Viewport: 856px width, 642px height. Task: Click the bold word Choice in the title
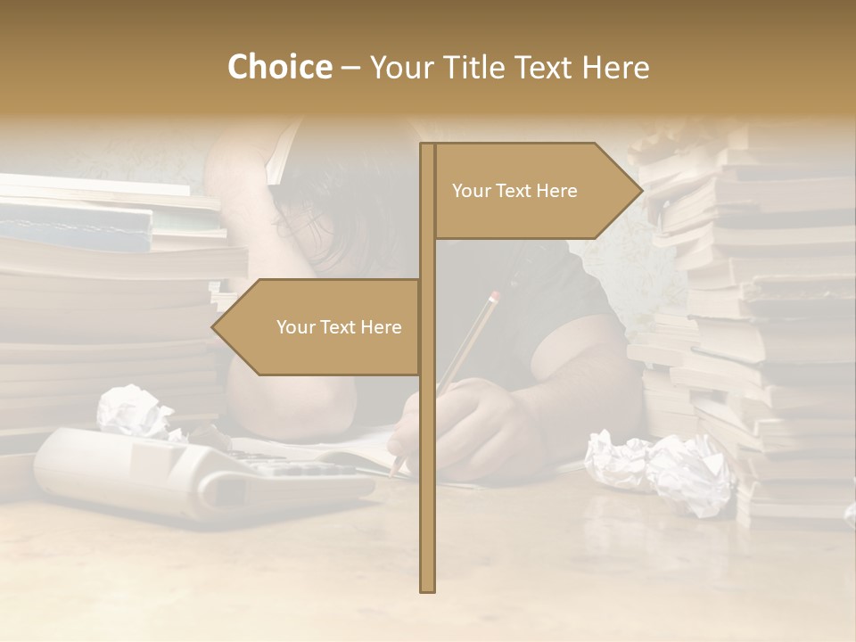tap(279, 67)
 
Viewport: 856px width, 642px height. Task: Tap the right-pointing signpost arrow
tap(535, 191)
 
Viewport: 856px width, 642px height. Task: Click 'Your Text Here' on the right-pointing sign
tap(514, 191)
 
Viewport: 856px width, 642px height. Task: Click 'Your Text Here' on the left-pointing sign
tap(339, 327)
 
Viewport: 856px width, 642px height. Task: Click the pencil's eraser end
tap(495, 295)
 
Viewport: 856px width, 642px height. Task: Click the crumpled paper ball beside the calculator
tap(134, 410)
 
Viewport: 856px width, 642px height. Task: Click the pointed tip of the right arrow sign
tap(640, 191)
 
